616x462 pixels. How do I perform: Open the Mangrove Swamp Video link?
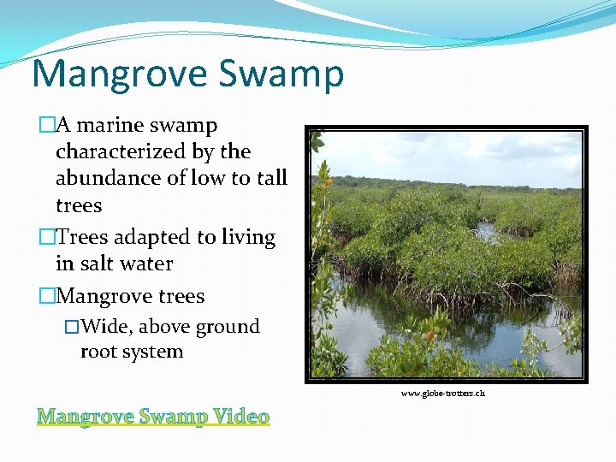click(x=153, y=417)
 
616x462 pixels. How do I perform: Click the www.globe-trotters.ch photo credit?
click(x=443, y=394)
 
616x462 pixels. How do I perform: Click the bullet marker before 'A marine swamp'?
click(x=46, y=126)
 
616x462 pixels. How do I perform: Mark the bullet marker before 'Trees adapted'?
click(x=46, y=238)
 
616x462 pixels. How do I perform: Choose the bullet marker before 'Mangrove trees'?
click(x=46, y=297)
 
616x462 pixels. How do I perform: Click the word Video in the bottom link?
click(x=241, y=417)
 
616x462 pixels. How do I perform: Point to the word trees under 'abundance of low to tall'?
click(x=79, y=206)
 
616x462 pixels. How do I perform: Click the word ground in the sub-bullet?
click(x=228, y=328)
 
